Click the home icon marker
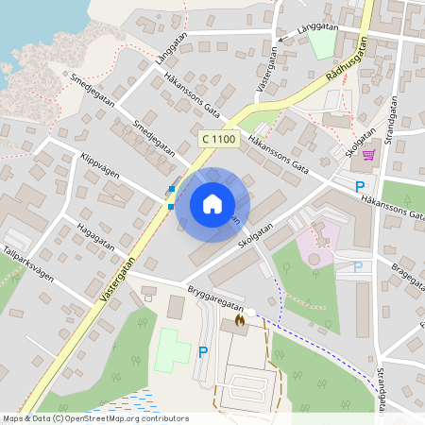point(212,203)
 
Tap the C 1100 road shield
point(217,139)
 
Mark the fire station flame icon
point(239,321)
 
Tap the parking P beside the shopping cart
point(360,187)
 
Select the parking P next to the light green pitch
point(203,352)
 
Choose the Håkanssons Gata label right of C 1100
point(279,154)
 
